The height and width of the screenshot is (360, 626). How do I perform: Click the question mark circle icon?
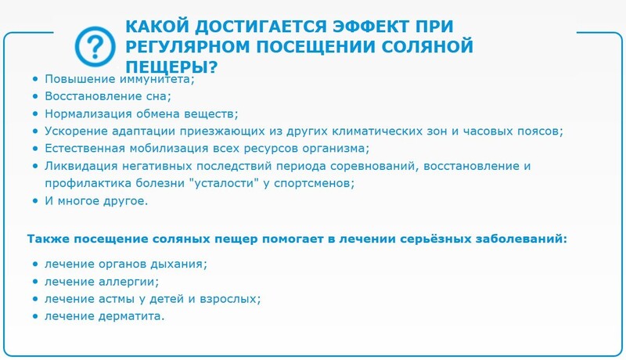click(x=95, y=47)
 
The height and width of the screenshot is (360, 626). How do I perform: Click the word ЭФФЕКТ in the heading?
click(x=371, y=27)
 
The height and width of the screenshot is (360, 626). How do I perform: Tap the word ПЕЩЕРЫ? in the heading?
click(x=171, y=67)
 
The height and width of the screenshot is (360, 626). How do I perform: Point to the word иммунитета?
click(x=157, y=79)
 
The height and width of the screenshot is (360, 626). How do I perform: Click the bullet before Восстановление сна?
click(x=35, y=96)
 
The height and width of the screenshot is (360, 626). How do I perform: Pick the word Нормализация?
click(x=88, y=113)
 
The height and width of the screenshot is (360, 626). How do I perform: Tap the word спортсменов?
click(x=315, y=184)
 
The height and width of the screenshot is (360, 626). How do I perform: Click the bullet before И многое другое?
click(x=35, y=201)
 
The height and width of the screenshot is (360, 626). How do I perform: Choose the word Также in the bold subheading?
click(x=48, y=239)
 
